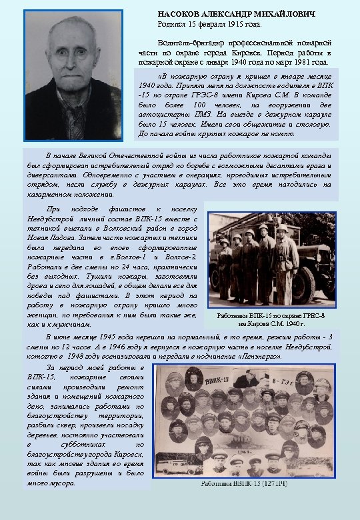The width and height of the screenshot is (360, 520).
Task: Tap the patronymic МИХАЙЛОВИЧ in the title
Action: click(283, 14)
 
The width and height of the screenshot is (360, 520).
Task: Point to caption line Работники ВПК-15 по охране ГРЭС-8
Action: click(271, 315)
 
